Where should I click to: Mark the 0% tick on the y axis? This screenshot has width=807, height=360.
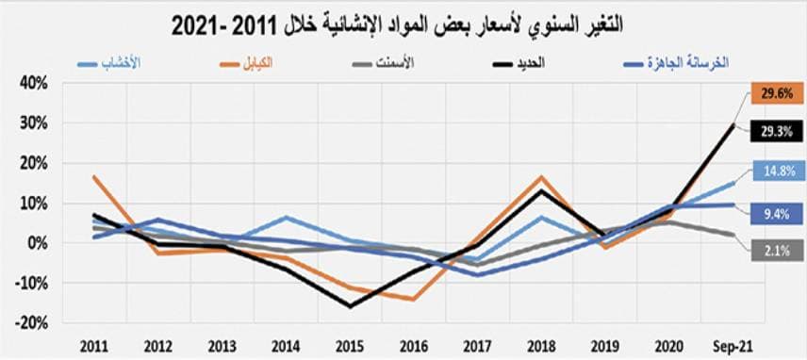(37, 242)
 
